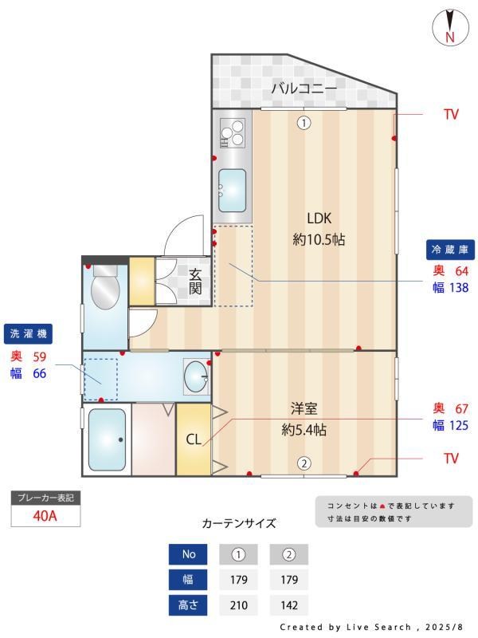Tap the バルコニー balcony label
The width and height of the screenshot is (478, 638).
point(304,88)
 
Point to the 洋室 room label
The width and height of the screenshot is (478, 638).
point(304,409)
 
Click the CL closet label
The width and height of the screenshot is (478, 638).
point(194,439)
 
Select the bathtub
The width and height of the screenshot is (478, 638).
point(107,439)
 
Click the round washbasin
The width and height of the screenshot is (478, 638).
point(196,374)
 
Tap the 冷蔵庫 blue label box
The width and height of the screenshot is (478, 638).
point(450,249)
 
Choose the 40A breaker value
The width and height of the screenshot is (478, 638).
point(45,515)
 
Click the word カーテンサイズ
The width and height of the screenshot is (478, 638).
point(239,523)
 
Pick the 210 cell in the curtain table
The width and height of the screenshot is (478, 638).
point(238,605)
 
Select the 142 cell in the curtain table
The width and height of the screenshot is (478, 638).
point(288,605)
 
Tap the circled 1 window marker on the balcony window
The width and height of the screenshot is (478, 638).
point(304,123)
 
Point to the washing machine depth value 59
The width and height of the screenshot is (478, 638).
point(40,356)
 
